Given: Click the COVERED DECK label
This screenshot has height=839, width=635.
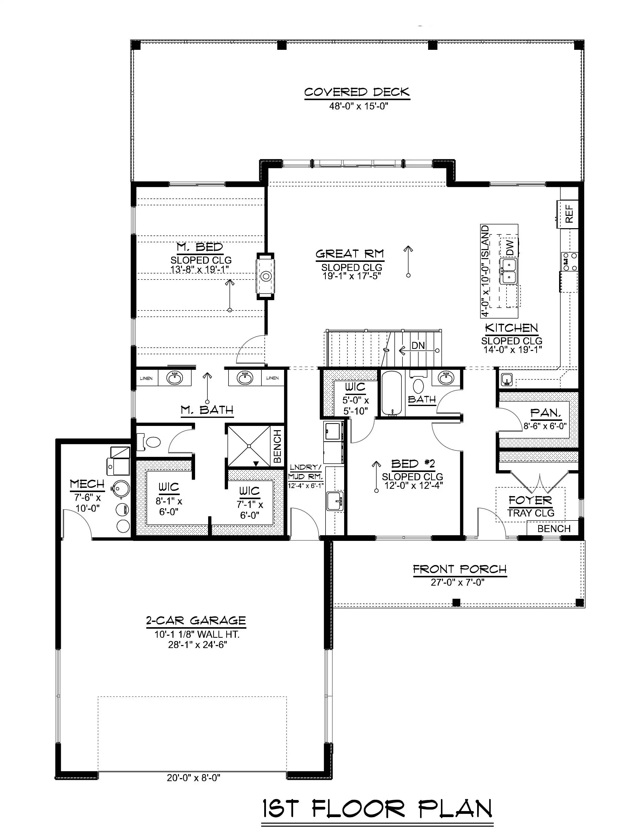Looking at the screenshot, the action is (357, 92).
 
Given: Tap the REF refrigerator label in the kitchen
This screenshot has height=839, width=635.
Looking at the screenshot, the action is (569, 214).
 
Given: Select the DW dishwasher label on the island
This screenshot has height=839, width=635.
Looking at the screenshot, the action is (510, 247).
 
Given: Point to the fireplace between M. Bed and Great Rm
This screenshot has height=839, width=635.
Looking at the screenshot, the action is (266, 276).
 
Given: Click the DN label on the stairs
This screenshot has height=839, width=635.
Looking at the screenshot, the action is (418, 346).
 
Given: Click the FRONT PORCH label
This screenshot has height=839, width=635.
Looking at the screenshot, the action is (460, 569).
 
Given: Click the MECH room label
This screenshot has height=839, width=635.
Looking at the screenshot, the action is (87, 484).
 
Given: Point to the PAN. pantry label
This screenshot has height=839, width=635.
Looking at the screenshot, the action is (545, 413).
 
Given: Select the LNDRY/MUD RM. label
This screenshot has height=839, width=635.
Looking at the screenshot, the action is (305, 472).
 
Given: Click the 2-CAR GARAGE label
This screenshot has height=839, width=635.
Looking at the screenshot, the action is (196, 621).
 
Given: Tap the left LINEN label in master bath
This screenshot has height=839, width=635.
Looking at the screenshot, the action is (146, 378).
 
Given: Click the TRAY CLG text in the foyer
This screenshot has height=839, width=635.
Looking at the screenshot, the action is (531, 513).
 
